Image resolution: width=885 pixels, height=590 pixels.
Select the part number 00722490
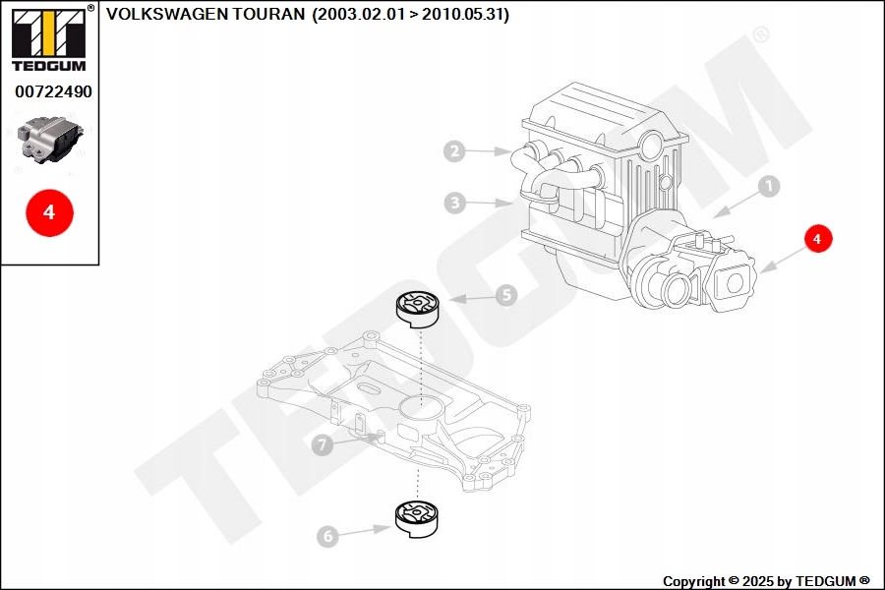tap(53, 91)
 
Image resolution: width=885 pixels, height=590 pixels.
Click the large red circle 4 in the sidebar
tap(50, 212)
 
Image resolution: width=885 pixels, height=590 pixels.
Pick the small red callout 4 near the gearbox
tap(818, 239)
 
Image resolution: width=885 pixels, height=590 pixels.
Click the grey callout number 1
tap(768, 186)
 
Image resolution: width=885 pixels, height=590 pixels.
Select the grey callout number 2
tap(454, 151)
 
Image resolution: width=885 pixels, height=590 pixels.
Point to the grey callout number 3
tap(455, 203)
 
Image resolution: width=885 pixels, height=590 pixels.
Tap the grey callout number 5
tap(506, 295)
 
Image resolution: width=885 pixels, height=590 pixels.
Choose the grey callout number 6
tap(327, 536)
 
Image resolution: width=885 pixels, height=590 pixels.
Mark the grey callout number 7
tap(323, 444)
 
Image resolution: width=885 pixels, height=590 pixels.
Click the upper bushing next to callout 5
tap(417, 309)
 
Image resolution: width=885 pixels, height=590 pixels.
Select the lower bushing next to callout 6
tap(417, 518)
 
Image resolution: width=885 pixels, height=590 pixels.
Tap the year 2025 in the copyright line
tap(758, 581)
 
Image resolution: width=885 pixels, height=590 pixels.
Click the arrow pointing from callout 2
tap(488, 151)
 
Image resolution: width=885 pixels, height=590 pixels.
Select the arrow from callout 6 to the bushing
tap(365, 531)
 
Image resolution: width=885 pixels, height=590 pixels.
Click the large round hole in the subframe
tap(419, 406)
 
